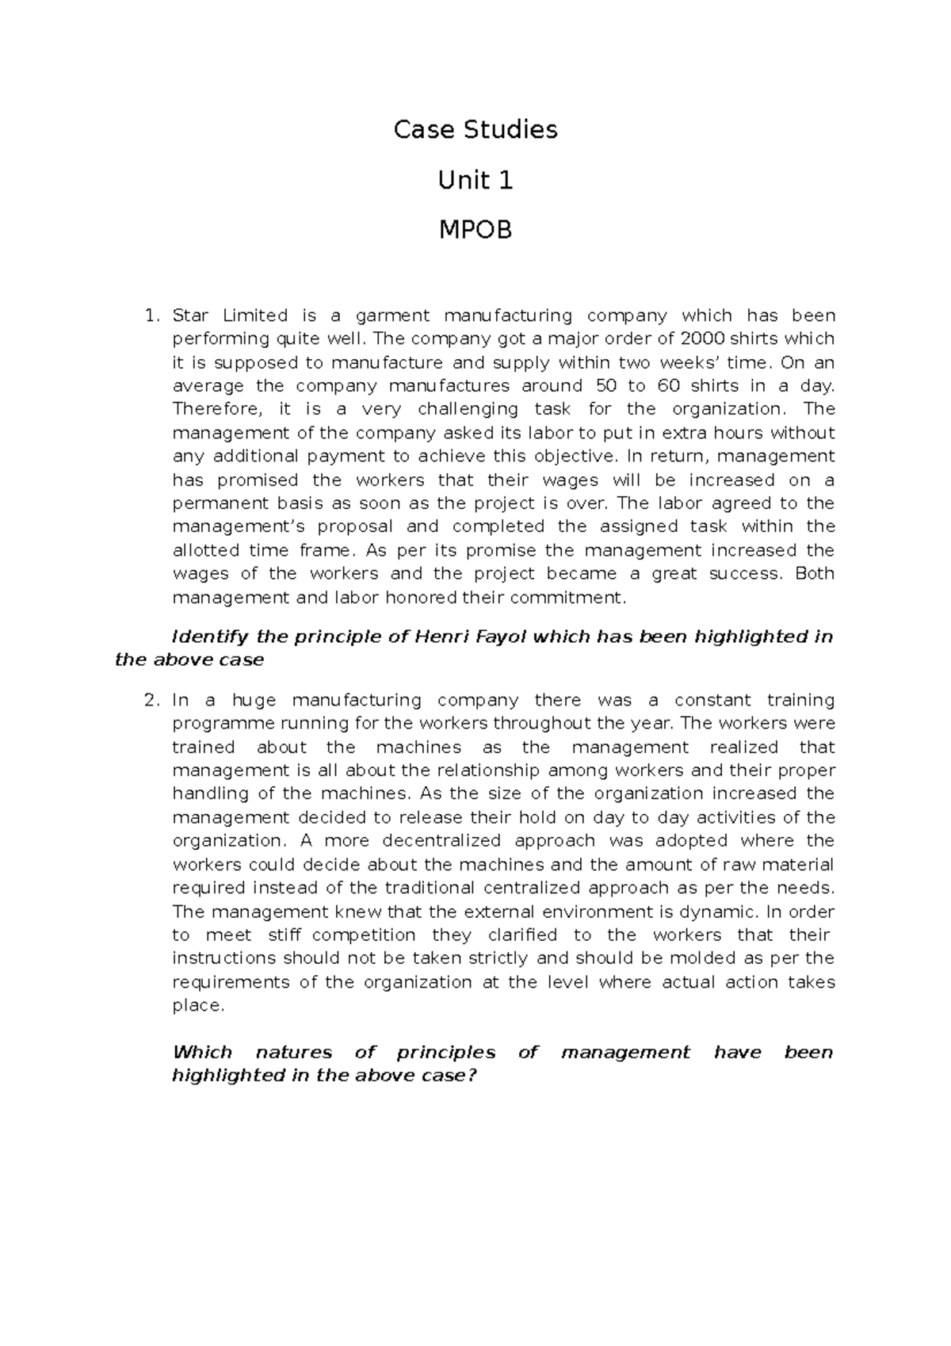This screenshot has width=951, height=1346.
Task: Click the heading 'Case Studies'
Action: coord(475,129)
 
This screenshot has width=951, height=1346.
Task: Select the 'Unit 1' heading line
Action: coord(475,181)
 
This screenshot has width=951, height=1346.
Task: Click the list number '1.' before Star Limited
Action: coord(151,315)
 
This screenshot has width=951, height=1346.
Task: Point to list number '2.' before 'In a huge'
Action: coord(151,700)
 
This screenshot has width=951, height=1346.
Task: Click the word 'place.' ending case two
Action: coord(198,1005)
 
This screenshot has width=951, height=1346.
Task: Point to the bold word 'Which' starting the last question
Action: coord(202,1052)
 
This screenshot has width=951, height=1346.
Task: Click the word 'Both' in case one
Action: coord(814,574)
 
